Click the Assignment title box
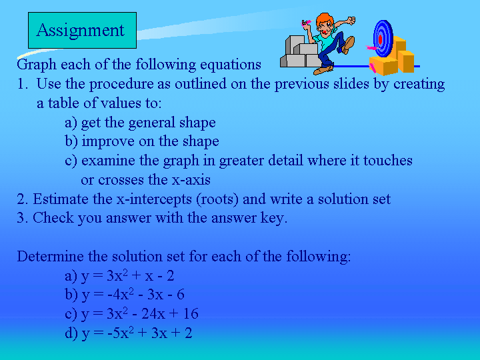[x=82, y=30]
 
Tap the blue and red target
[x=383, y=39]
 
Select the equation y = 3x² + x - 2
[x=127, y=276]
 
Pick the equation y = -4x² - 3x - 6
[x=133, y=295]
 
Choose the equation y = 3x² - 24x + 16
[x=140, y=314]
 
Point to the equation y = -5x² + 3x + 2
[x=137, y=333]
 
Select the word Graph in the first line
[x=37, y=65]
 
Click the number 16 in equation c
[x=191, y=314]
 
